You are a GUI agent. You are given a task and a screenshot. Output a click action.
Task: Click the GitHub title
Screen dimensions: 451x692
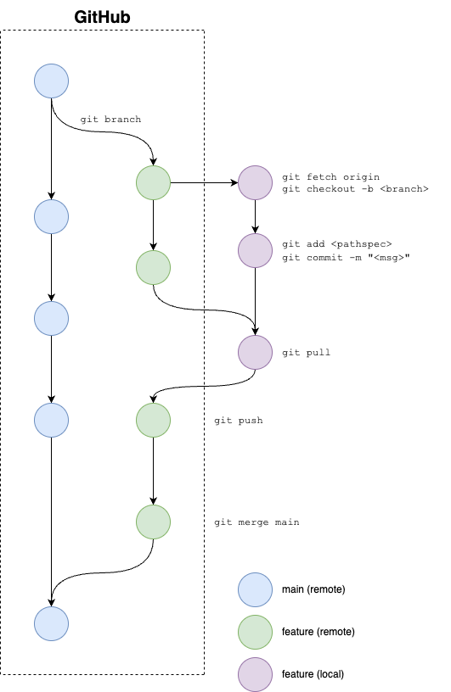point(102,17)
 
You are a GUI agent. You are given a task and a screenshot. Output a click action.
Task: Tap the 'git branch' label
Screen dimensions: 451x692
point(110,120)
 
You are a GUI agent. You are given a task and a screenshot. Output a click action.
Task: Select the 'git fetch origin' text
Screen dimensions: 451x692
point(330,177)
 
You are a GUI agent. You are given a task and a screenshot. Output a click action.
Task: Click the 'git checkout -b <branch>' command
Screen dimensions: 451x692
point(356,189)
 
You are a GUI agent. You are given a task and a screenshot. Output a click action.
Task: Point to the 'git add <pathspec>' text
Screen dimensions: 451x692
point(337,244)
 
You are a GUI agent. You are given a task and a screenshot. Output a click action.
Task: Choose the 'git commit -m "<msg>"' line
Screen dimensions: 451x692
point(347,257)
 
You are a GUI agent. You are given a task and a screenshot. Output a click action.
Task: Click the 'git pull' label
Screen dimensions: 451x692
point(306,352)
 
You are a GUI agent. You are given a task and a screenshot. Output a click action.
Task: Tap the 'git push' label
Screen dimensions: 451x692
point(239,420)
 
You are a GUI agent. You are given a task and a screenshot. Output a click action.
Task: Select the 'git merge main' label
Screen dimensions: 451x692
point(257,522)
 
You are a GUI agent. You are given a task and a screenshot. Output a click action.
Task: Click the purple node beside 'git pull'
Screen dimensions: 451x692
point(255,352)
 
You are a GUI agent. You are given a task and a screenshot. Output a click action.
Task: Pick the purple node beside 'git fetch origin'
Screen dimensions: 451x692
point(255,182)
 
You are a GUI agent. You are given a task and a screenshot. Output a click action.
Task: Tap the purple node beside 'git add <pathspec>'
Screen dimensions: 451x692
point(255,251)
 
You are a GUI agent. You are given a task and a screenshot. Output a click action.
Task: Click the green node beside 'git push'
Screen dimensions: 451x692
point(154,420)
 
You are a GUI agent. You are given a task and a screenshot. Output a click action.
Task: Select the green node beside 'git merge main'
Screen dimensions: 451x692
point(154,522)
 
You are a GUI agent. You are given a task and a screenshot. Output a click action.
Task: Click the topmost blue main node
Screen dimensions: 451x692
point(51,81)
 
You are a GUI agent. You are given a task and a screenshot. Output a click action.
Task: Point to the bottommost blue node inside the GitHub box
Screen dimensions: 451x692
point(51,623)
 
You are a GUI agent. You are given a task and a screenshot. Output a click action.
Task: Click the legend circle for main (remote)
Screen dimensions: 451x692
point(255,590)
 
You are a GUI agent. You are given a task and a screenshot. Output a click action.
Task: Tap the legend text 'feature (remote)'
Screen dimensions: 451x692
point(319,632)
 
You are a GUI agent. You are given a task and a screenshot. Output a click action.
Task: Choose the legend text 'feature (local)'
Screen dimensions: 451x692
point(313,674)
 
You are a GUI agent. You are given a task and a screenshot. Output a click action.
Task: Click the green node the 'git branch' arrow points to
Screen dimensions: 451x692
point(154,182)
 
